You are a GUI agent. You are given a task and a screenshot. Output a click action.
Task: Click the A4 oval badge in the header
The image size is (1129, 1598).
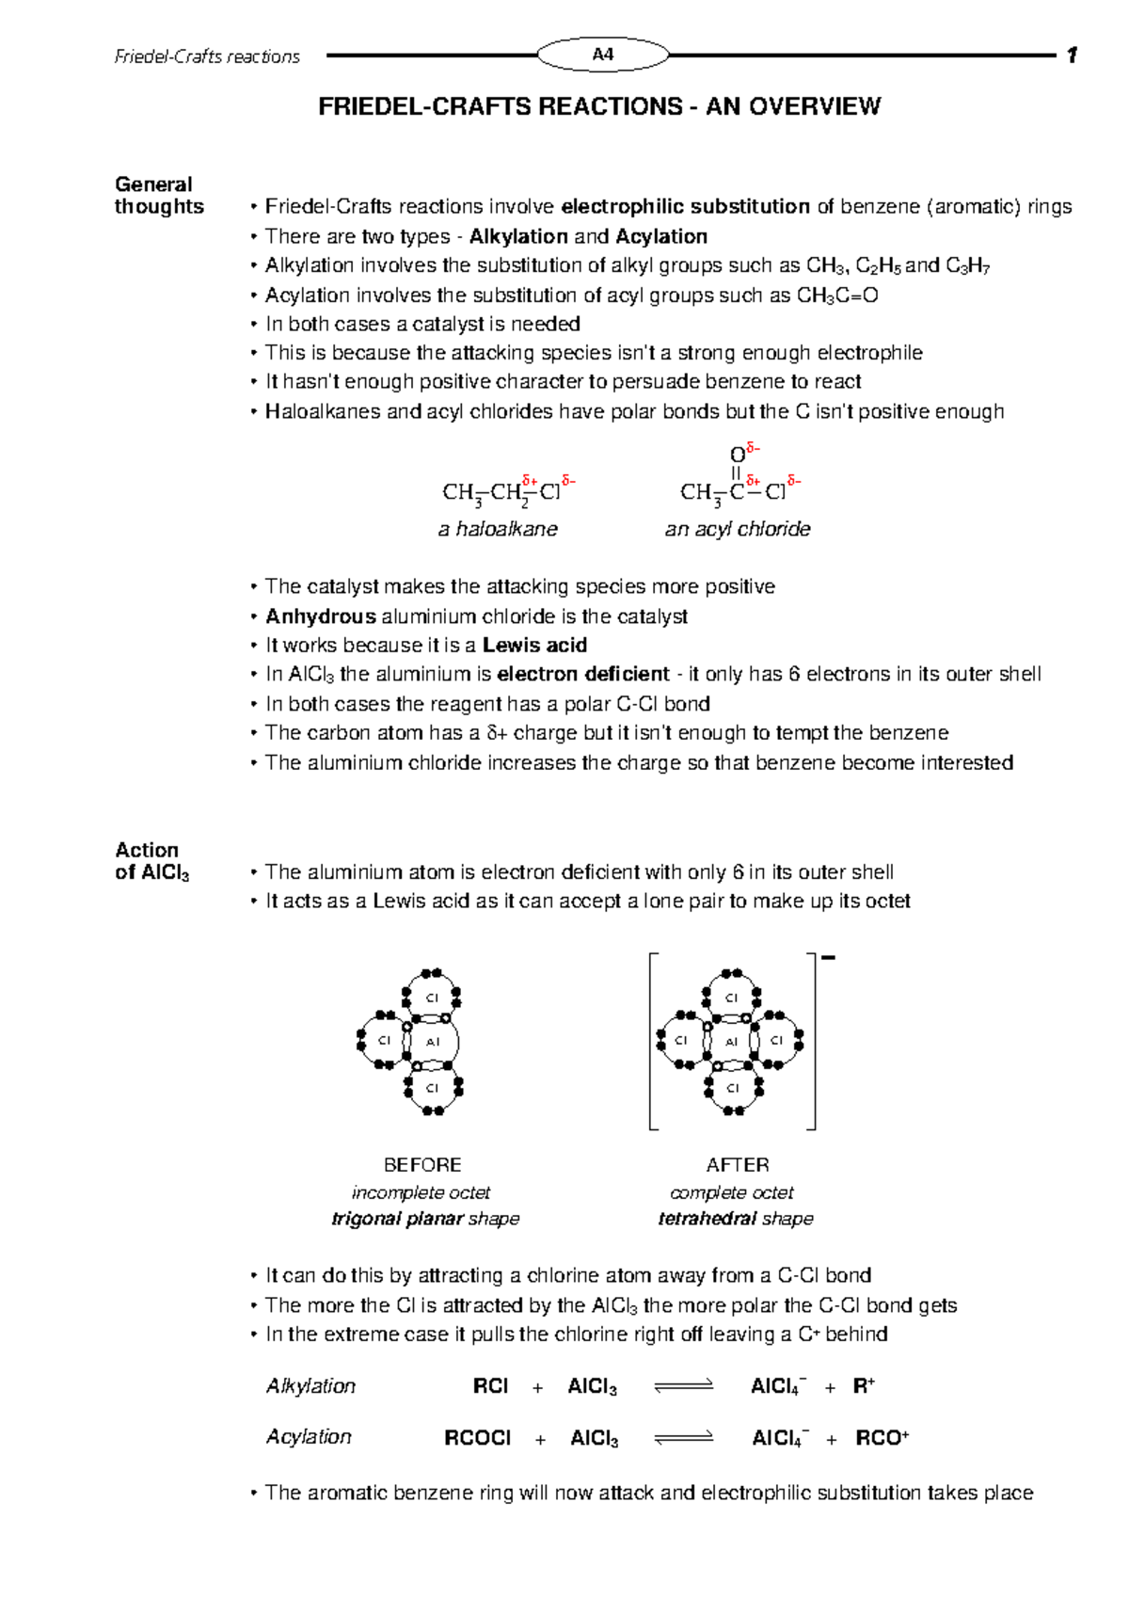coord(603,55)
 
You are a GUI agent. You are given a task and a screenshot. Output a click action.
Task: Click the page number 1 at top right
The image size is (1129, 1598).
coord(1071,56)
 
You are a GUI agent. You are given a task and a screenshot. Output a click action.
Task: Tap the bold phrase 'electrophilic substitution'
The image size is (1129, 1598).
coord(685,206)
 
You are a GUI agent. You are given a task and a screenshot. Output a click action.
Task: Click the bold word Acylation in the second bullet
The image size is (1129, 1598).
coord(660,236)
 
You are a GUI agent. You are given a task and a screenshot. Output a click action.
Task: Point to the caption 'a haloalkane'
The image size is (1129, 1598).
coord(498,529)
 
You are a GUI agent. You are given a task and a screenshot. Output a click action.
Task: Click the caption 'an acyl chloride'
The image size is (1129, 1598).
coord(737,529)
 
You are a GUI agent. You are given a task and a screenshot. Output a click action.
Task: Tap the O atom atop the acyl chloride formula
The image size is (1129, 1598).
coord(737,455)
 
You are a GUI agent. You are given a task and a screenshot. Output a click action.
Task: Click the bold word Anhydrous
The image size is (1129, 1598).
coord(320,616)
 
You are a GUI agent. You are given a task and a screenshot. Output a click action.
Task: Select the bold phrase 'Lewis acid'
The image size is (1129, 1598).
coord(534,646)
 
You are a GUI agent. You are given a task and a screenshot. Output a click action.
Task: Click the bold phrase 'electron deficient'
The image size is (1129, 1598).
coord(582,674)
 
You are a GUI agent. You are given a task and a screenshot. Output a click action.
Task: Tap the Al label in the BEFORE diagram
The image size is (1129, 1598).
coord(433,1042)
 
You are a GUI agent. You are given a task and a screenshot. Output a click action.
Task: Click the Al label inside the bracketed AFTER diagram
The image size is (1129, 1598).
coord(731,1042)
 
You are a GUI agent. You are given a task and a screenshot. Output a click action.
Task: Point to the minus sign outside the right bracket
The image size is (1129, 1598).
coord(828,958)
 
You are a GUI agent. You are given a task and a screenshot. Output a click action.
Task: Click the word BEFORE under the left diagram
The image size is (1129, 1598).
coord(422,1165)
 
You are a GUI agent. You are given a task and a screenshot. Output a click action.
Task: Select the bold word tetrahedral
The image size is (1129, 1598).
coord(695,1219)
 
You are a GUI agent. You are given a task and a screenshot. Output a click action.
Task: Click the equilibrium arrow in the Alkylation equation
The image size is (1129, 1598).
coord(684,1386)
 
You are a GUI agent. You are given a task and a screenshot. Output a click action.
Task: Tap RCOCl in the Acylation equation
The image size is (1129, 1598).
coord(477,1438)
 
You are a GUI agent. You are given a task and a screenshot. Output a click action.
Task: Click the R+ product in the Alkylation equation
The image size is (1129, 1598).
coord(864,1386)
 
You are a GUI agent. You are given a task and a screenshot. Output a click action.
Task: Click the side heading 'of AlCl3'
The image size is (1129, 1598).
coord(151,872)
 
